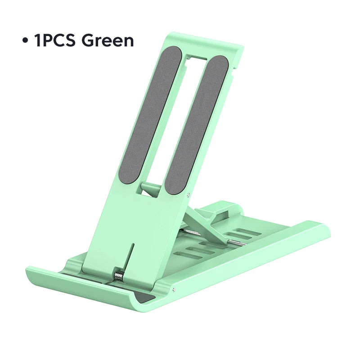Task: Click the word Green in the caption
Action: (x=108, y=40)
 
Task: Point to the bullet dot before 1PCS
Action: (x=25, y=41)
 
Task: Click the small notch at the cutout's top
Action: (x=197, y=58)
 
